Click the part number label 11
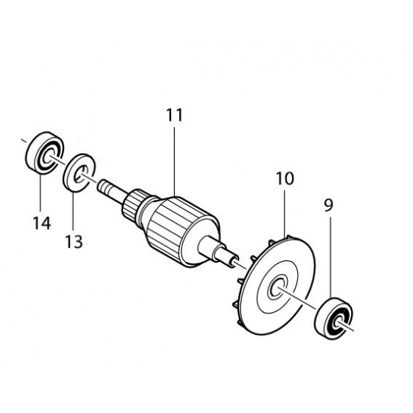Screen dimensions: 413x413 [x=175, y=116]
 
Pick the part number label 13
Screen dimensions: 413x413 [x=74, y=241]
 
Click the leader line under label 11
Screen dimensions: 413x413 [x=175, y=162]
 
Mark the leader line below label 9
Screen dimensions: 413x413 [x=330, y=258]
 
